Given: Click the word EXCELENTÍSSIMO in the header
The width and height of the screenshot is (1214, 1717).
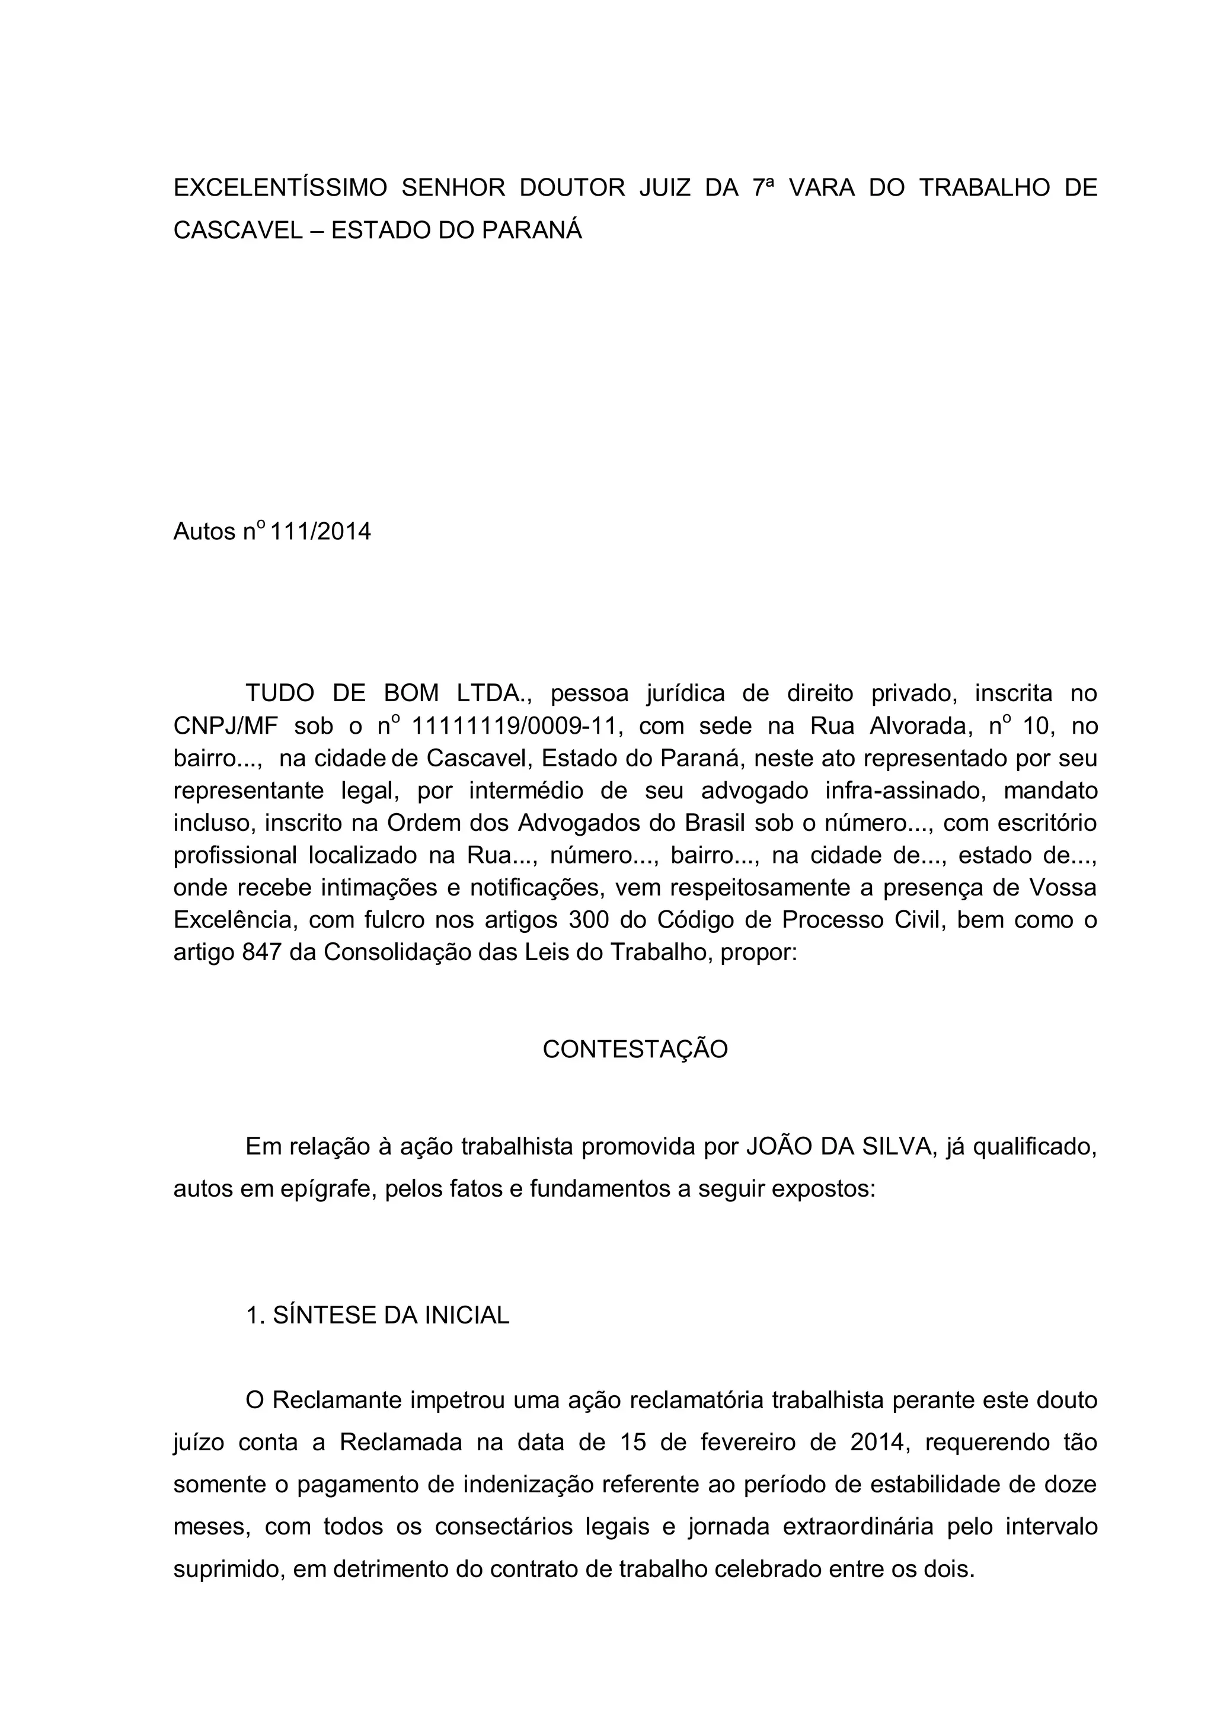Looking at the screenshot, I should click(x=280, y=188).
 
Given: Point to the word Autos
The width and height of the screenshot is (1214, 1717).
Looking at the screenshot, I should click(x=204, y=532).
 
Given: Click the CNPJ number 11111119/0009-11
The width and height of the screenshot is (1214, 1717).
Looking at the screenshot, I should click(x=517, y=726).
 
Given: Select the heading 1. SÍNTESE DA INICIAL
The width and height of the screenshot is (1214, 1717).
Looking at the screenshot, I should click(x=377, y=1315).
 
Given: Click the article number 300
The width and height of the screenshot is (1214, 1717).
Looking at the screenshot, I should click(x=589, y=920).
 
